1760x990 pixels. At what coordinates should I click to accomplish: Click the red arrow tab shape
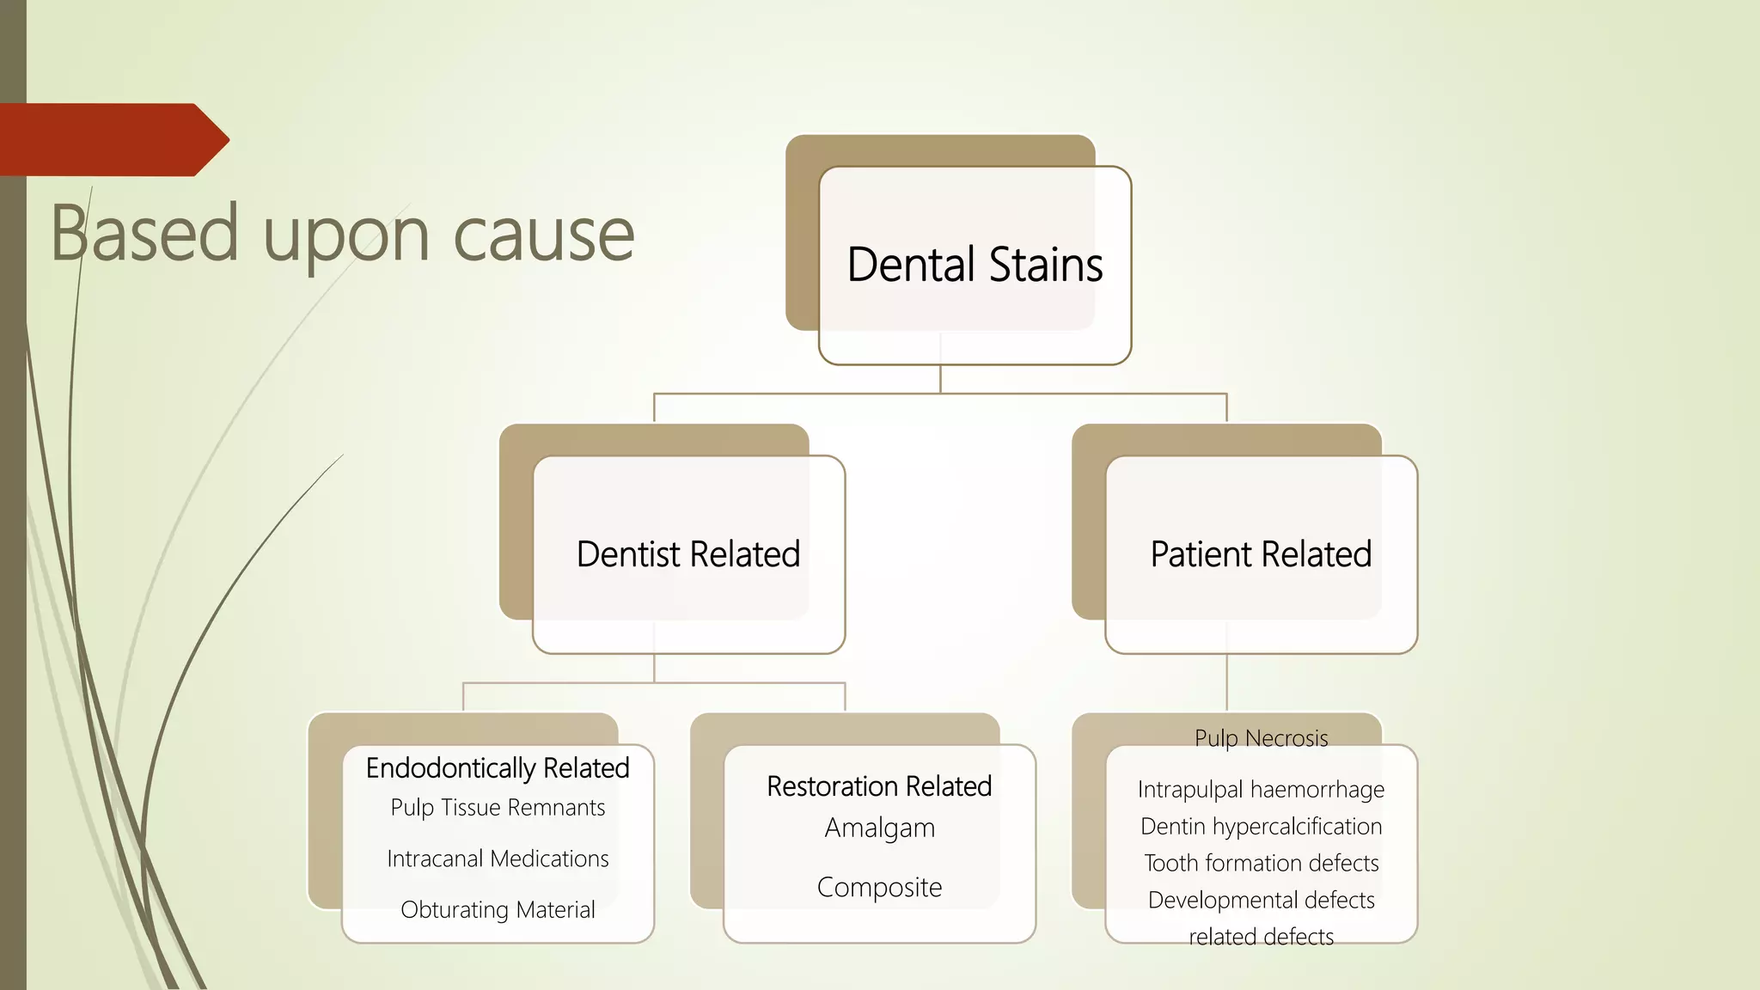[x=112, y=140]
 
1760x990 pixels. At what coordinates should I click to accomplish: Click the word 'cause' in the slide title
[x=543, y=234]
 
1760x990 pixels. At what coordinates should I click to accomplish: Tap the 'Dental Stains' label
[x=975, y=265]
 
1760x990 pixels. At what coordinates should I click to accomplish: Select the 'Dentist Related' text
[x=688, y=554]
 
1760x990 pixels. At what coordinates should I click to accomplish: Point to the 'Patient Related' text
[x=1261, y=554]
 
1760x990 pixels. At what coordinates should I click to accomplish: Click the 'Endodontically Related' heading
[x=498, y=767]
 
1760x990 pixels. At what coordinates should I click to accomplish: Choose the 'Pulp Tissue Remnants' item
[x=498, y=808]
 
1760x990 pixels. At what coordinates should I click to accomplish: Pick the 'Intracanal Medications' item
[x=498, y=859]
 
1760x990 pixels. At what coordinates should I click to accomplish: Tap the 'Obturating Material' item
[x=498, y=909]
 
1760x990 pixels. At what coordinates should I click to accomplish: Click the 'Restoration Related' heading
[x=879, y=786]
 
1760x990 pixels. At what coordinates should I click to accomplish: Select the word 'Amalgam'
[x=879, y=828]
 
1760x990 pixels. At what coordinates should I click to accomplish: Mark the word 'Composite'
[x=879, y=887]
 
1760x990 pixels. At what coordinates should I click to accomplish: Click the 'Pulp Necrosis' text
[x=1261, y=738]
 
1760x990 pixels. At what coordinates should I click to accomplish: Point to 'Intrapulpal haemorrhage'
[x=1261, y=789]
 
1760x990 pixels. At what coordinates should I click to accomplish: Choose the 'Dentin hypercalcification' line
[x=1261, y=826]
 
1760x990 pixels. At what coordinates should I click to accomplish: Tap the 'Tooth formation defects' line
[x=1261, y=863]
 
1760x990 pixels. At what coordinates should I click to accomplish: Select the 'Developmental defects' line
[x=1261, y=900]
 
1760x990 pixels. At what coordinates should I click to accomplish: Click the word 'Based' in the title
[x=144, y=234]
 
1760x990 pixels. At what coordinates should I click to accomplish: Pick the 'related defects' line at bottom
[x=1261, y=937]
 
